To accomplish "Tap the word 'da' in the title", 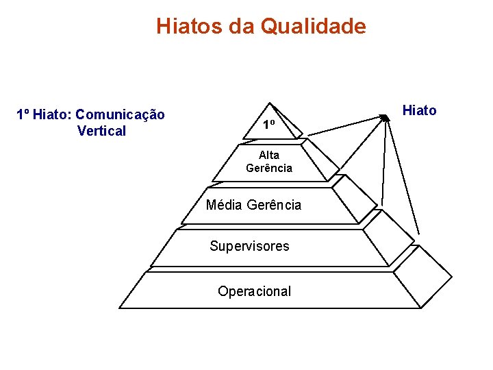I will pyautogui.click(x=242, y=27).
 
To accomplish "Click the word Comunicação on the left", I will pyautogui.click(x=121, y=114).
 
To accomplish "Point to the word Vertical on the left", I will pyautogui.click(x=102, y=131).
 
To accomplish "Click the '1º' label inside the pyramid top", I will pyautogui.click(x=269, y=125).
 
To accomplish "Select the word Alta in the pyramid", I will pyautogui.click(x=269, y=155).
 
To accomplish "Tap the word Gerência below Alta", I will pyautogui.click(x=269, y=168).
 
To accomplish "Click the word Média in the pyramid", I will pyautogui.click(x=223, y=205).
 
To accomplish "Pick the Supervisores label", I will pyautogui.click(x=249, y=246).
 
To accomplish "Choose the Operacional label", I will pyautogui.click(x=254, y=291).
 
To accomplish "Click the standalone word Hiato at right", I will pyautogui.click(x=420, y=110).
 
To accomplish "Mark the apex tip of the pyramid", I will pyautogui.click(x=272, y=106).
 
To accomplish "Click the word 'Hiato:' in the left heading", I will pyautogui.click(x=53, y=114).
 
